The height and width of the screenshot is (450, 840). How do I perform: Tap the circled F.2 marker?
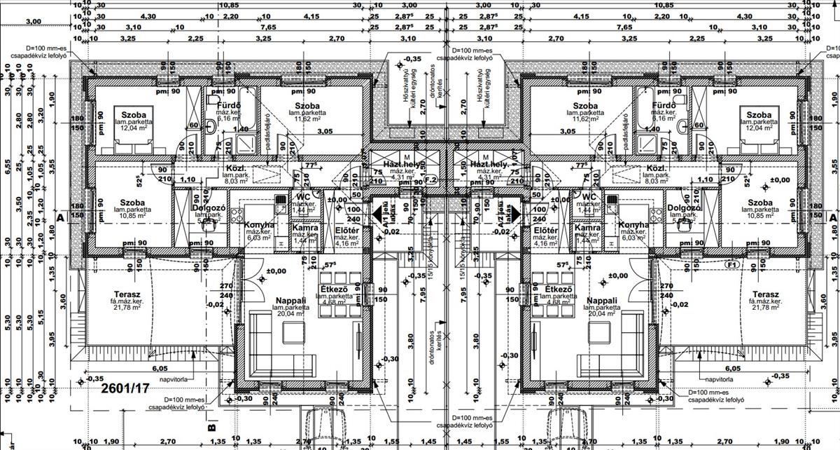430,180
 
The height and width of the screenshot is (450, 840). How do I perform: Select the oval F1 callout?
733,266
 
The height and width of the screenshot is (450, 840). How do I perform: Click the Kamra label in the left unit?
304,229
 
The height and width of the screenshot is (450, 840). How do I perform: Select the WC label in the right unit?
587,198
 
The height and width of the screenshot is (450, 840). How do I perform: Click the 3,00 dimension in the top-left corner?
33,22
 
